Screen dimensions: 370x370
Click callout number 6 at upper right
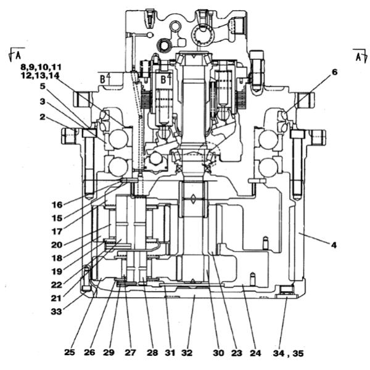pyautogui.click(x=335, y=72)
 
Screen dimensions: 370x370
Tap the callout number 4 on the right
pyautogui.click(x=334, y=245)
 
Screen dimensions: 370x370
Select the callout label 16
pyautogui.click(x=57, y=205)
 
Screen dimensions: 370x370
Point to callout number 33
pyautogui.click(x=56, y=311)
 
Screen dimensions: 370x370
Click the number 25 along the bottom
pyautogui.click(x=70, y=352)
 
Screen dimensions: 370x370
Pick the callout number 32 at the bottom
pyautogui.click(x=187, y=353)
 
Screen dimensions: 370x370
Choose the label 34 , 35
pyautogui.click(x=289, y=353)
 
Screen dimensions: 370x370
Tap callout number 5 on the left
pyautogui.click(x=42, y=86)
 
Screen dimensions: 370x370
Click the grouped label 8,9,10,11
pyautogui.click(x=41, y=67)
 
